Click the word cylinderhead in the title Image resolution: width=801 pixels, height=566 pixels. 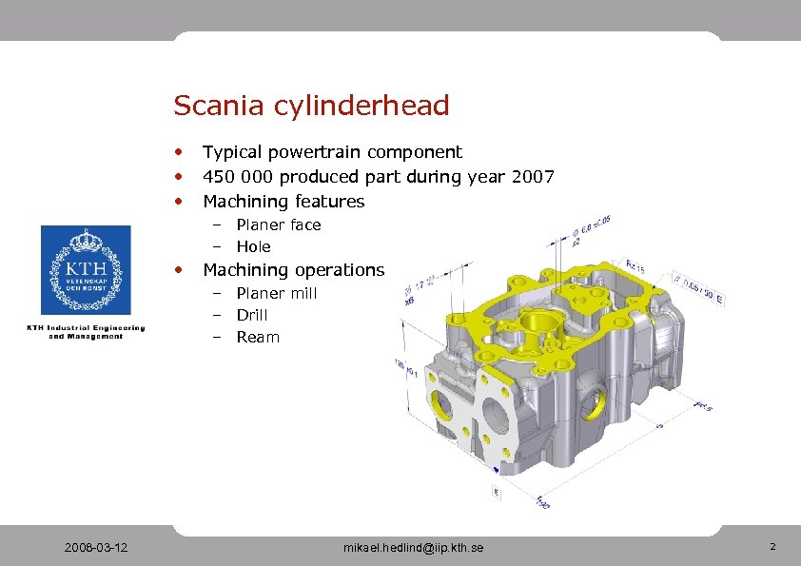pos(361,106)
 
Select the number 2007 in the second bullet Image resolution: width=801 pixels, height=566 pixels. pos(532,176)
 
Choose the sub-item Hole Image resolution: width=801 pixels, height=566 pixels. pos(253,246)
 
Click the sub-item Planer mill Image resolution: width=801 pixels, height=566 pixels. pos(276,293)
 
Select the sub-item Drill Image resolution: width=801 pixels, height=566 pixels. pos(252,315)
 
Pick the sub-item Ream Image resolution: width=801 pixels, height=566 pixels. pos(258,337)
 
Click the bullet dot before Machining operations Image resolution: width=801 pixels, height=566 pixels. pos(179,270)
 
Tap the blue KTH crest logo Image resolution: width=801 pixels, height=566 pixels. pos(86,271)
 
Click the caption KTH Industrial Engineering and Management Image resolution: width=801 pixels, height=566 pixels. pos(86,331)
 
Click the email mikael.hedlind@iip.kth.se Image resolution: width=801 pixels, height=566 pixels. pos(413,548)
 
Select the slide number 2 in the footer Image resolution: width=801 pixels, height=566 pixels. pos(772,547)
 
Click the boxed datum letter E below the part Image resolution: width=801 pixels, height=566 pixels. pos(497,492)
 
